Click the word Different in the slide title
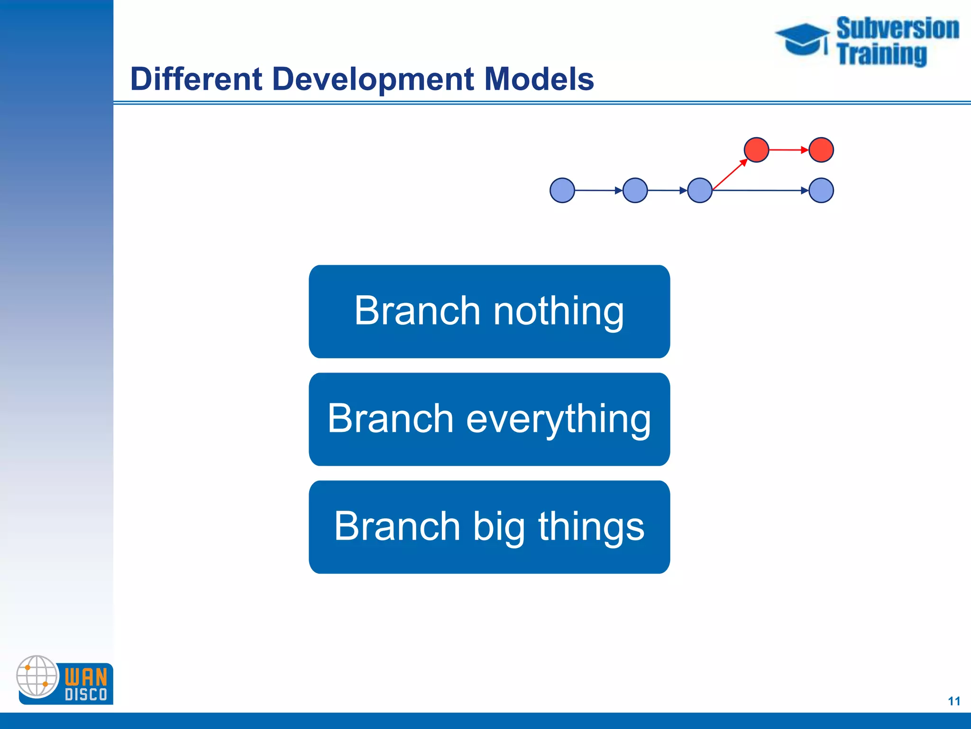point(196,79)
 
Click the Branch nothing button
point(489,311)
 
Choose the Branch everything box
point(489,419)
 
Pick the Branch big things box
point(489,527)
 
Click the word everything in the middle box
point(559,419)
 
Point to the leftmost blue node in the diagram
point(562,190)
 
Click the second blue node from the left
point(635,190)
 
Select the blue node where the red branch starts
point(699,190)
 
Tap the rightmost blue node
point(821,190)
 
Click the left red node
point(756,150)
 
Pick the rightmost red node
point(821,150)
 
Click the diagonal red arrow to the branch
point(729,175)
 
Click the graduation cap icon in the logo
point(802,39)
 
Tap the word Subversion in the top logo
point(897,28)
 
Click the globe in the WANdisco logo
point(37,676)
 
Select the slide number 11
point(954,701)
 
